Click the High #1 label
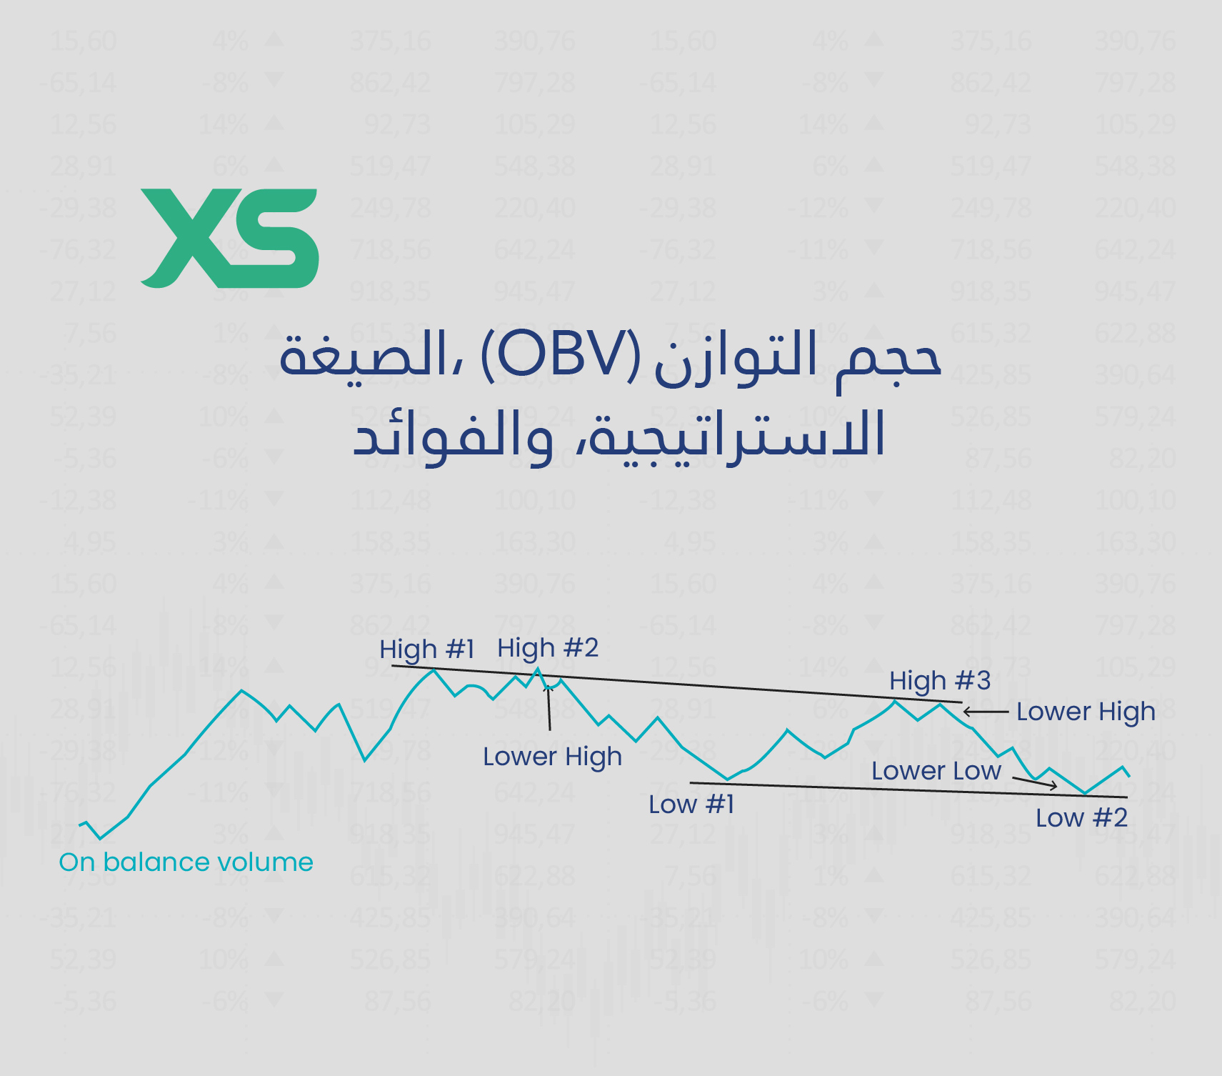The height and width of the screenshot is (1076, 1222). tap(426, 649)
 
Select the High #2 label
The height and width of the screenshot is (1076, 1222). tap(548, 648)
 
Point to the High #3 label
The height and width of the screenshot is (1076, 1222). tap(940, 681)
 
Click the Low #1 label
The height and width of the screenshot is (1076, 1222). tap(691, 804)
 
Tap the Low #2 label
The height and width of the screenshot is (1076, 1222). tap(1081, 818)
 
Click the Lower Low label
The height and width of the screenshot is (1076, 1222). tap(936, 771)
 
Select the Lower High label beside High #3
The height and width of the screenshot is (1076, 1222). tap(1086, 712)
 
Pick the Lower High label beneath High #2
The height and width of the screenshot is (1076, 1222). tap(552, 757)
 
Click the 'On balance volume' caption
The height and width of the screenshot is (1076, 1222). tap(186, 862)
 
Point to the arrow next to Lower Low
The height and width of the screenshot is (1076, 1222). tap(1036, 783)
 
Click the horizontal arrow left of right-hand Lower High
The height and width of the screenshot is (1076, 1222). tap(985, 712)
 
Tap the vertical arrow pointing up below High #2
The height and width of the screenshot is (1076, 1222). tap(549, 707)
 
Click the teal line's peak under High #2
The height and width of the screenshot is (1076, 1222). tap(538, 669)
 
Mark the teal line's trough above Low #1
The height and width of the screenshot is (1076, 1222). tap(727, 779)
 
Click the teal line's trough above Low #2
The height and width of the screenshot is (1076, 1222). tap(1085, 793)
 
